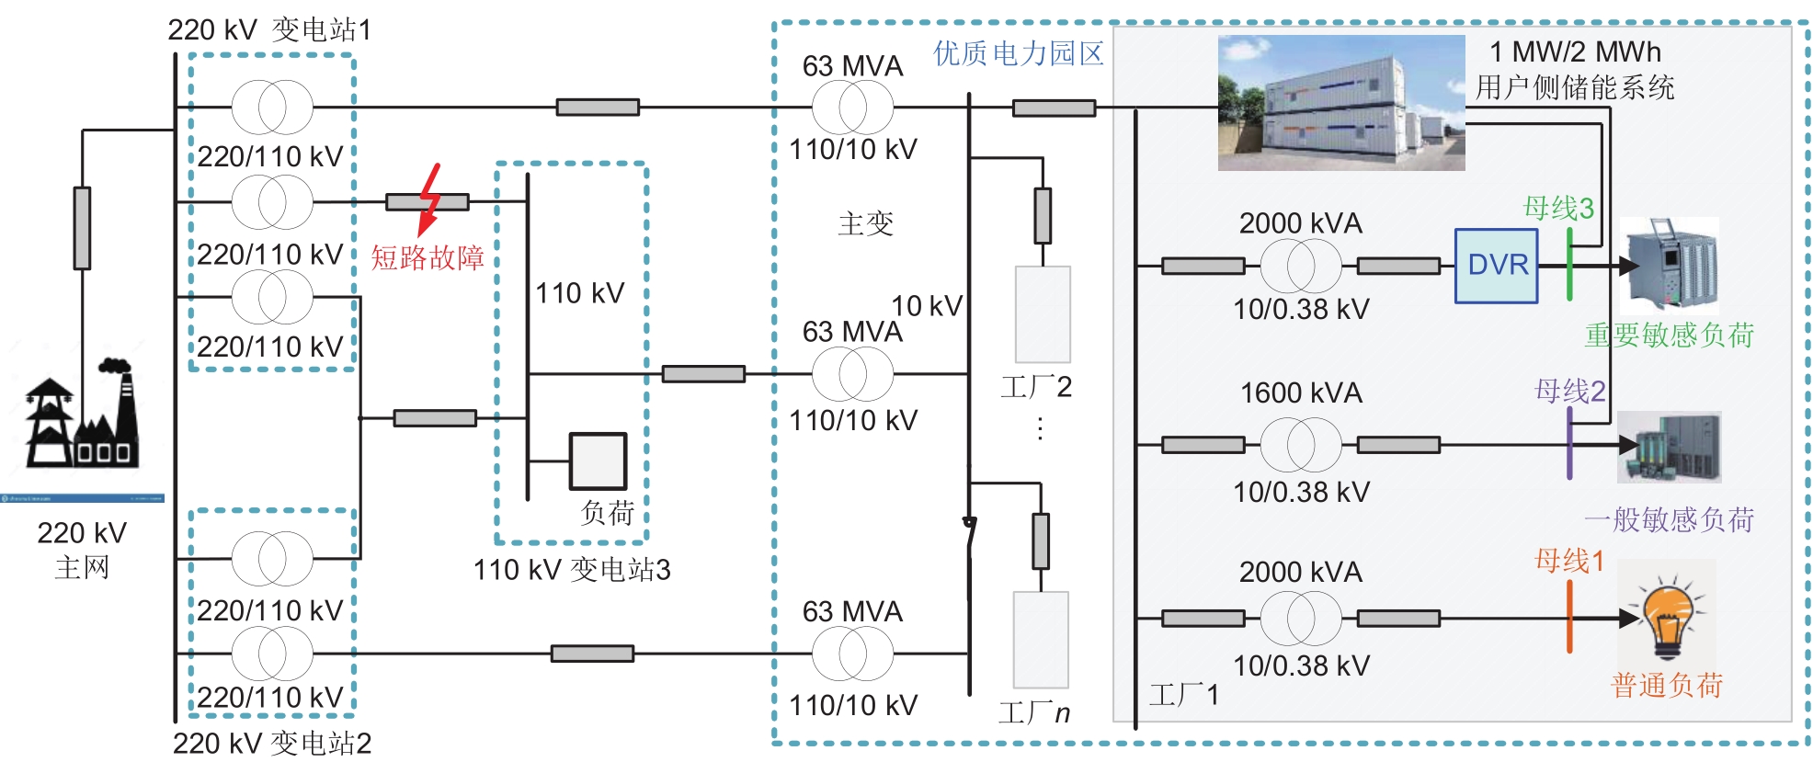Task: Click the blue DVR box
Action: click(1496, 266)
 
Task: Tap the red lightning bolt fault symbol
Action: click(428, 199)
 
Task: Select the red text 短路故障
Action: click(428, 257)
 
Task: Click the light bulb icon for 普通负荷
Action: click(1667, 617)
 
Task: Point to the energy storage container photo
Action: click(1340, 103)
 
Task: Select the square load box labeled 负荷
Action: click(598, 461)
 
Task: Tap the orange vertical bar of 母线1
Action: click(1569, 617)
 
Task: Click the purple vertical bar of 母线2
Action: click(1569, 443)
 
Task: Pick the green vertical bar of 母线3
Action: click(1569, 265)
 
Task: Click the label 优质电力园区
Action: click(1018, 53)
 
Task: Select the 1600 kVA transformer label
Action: click(1301, 393)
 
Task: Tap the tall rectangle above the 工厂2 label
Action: click(1043, 314)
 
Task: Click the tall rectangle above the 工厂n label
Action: click(1041, 639)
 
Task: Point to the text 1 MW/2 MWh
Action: click(1575, 51)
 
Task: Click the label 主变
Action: click(865, 223)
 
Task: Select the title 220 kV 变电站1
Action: click(269, 29)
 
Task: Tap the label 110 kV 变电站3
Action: click(571, 570)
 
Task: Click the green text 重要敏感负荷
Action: click(1669, 336)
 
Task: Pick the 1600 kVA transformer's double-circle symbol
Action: click(1300, 445)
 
